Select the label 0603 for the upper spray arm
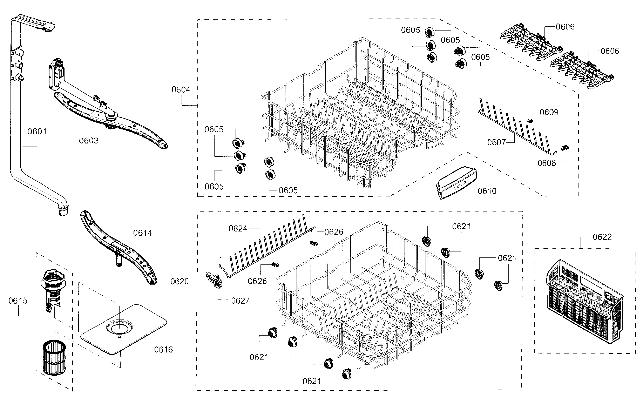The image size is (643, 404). tap(89, 141)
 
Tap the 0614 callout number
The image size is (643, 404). tap(143, 233)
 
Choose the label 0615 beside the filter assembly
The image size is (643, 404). tap(18, 301)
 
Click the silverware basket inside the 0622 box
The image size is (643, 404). tap(585, 302)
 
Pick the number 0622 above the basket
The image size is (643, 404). tap(602, 237)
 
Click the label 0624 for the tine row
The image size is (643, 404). tap(238, 229)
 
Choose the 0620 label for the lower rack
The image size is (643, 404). tap(180, 281)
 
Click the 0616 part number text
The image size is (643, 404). tap(163, 350)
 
